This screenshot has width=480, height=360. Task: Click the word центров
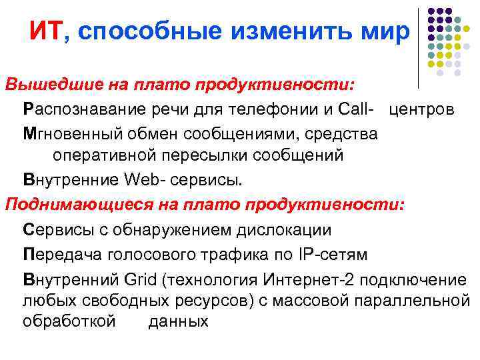click(x=423, y=109)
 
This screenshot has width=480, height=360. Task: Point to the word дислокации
click(x=285, y=230)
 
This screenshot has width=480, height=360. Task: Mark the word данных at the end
click(x=178, y=321)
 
